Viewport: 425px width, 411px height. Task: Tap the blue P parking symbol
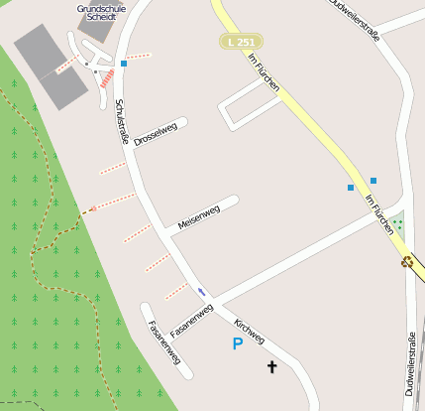pos(237,343)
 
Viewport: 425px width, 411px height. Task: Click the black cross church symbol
pos(272,368)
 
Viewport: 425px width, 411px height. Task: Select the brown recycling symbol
pos(406,262)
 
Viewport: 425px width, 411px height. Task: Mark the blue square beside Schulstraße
pos(124,64)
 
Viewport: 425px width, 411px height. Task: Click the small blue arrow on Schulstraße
pos(202,291)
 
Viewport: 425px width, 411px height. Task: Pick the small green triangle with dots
pos(398,223)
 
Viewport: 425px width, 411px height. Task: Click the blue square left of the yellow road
pos(351,187)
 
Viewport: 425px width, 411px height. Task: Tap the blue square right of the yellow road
pos(373,180)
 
